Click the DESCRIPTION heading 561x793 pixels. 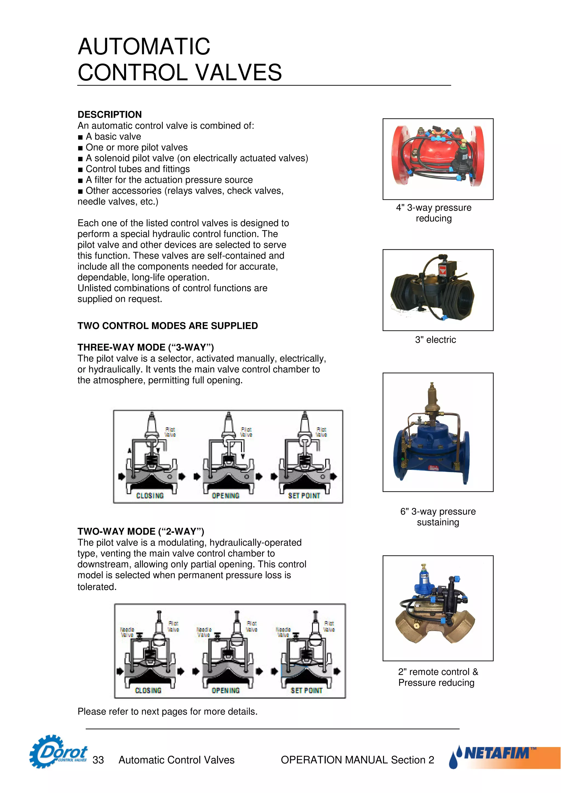coord(109,114)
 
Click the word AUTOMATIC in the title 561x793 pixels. coord(144,47)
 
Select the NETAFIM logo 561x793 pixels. coord(498,754)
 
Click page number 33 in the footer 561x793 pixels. coord(98,760)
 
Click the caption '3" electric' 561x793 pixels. coord(436,340)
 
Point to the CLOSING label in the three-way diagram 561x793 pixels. coord(150,496)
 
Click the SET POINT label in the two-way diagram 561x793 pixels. coord(306,690)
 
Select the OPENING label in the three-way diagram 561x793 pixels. coord(225,496)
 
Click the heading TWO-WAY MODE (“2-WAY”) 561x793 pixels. coord(141,531)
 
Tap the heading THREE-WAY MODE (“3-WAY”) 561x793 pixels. coord(145,347)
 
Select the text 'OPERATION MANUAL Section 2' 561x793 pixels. coord(357,760)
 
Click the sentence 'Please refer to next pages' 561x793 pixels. coord(167,711)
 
